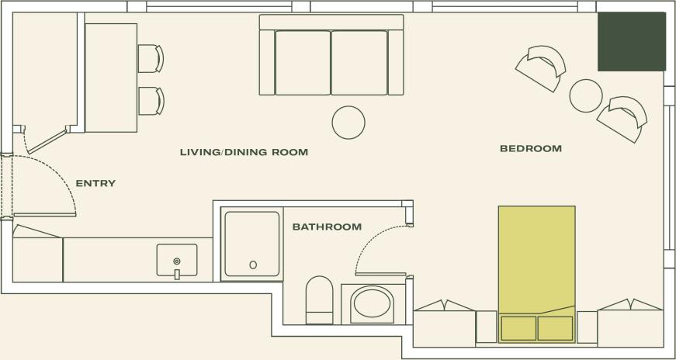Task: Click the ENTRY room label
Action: (95, 184)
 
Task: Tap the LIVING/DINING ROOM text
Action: (244, 152)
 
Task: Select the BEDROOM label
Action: (530, 148)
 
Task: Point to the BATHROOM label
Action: (327, 227)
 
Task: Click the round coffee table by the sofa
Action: (348, 122)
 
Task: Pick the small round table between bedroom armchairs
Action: (586, 95)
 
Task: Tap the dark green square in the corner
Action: (631, 41)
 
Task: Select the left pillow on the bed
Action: (518, 328)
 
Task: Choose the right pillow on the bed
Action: (555, 328)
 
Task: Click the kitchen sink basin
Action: (177, 260)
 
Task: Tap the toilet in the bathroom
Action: (319, 299)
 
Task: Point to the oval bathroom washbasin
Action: (372, 304)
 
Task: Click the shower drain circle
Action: (253, 265)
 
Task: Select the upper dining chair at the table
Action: (151, 58)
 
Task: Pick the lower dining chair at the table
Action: (151, 101)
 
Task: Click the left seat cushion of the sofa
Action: (303, 62)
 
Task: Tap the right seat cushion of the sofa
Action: (359, 62)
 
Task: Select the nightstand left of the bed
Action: (487, 326)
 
